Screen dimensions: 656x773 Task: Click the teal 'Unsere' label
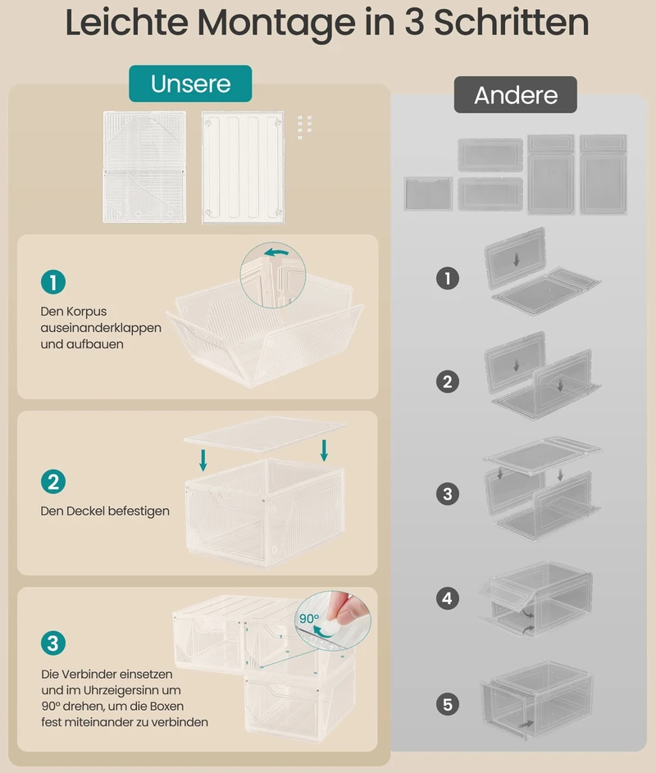(x=190, y=84)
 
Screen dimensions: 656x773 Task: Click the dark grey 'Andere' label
(x=516, y=94)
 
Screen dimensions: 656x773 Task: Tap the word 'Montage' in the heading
(x=276, y=23)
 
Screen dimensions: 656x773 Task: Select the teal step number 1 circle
(x=53, y=282)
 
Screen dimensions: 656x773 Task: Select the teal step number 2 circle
(x=53, y=482)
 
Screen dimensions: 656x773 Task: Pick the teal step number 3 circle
(x=53, y=643)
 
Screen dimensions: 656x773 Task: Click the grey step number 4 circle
(x=448, y=598)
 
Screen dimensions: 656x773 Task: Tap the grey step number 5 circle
(x=448, y=704)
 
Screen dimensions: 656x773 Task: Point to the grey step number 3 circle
(x=448, y=493)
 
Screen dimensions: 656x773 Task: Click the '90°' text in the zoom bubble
(x=309, y=618)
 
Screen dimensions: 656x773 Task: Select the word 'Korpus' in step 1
(x=87, y=311)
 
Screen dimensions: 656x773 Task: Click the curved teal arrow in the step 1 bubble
(x=276, y=253)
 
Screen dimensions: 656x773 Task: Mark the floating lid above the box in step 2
(x=264, y=434)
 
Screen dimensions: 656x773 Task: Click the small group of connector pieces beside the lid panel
(x=304, y=127)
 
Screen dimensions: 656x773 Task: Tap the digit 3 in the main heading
(x=415, y=23)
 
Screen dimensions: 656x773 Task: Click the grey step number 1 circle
(x=448, y=278)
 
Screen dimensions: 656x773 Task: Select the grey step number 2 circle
(x=448, y=381)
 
